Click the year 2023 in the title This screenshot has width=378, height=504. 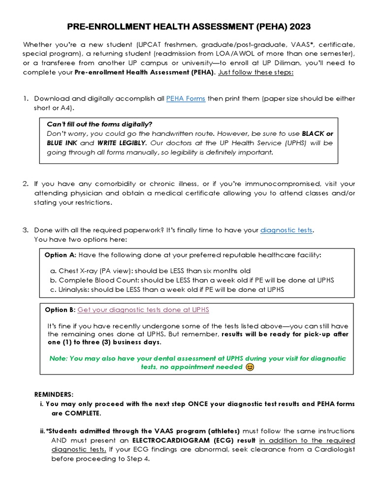296,26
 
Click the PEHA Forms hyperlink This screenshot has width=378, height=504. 186,98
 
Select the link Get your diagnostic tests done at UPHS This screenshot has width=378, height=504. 143,310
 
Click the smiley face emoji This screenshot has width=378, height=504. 250,367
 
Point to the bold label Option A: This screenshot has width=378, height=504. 60,255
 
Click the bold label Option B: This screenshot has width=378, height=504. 60,310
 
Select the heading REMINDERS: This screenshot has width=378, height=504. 54,395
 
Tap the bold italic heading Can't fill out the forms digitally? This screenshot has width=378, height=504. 99,124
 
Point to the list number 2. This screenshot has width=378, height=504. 26,184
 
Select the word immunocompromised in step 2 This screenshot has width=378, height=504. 270,184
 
